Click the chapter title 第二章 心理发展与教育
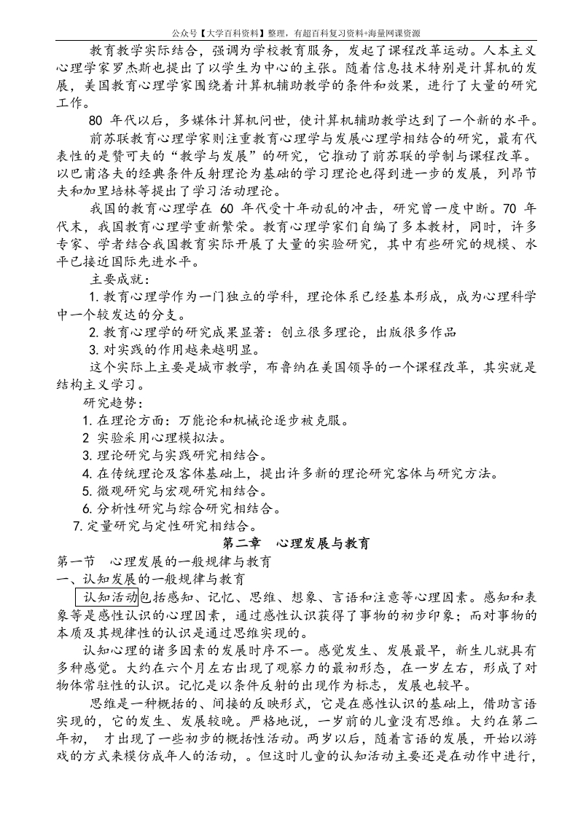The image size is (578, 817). click(295, 543)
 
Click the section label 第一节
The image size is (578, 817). click(77, 561)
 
